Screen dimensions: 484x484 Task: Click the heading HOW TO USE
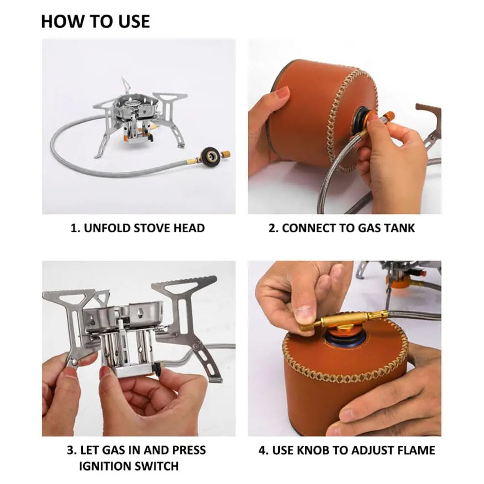coord(95,22)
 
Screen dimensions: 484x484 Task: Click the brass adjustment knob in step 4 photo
coord(339,320)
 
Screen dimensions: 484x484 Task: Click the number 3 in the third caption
coord(70,450)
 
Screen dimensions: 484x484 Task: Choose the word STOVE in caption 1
coord(148,228)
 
